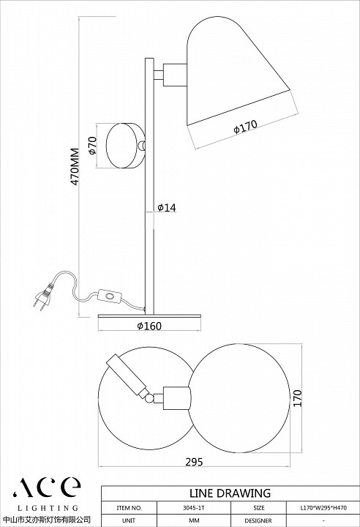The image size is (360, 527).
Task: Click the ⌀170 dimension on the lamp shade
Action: tap(245, 127)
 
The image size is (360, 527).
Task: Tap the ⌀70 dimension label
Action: tap(92, 146)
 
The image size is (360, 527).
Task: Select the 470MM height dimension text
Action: tap(75, 166)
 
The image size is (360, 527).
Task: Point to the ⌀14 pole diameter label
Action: tap(166, 208)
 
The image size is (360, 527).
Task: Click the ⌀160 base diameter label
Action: tap(149, 326)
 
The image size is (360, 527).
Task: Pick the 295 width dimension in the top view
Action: tap(195, 462)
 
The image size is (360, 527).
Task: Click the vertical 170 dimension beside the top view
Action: tap(298, 398)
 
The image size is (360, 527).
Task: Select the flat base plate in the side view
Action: tap(149, 316)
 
